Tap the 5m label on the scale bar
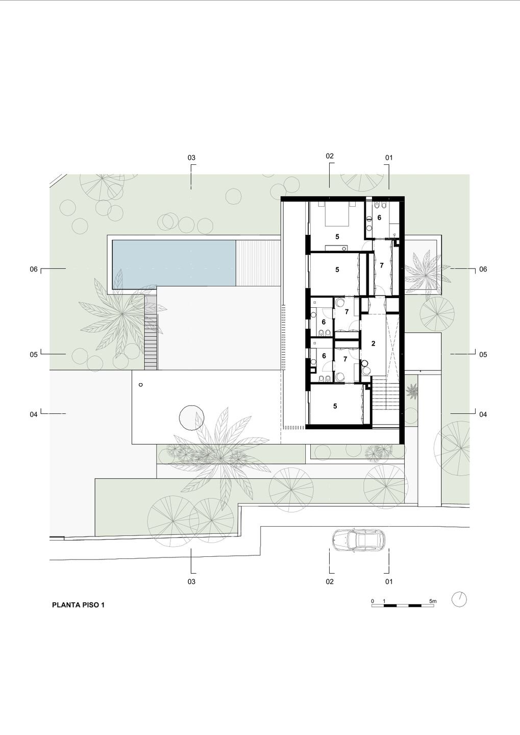pos(433,601)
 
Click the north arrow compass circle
pos(459,599)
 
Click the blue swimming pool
pos(174,264)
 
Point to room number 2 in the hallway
pos(373,344)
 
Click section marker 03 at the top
pos(191,158)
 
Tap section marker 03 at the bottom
pos(191,582)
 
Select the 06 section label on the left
pos(34,269)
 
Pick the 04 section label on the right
pos(483,414)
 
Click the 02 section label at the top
pos(330,156)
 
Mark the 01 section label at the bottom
pos(389,582)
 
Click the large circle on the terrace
pos(191,418)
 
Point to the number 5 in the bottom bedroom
pos(335,406)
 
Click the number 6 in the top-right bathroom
pos(379,217)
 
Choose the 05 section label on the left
pos(34,355)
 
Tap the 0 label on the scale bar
pos(373,601)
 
